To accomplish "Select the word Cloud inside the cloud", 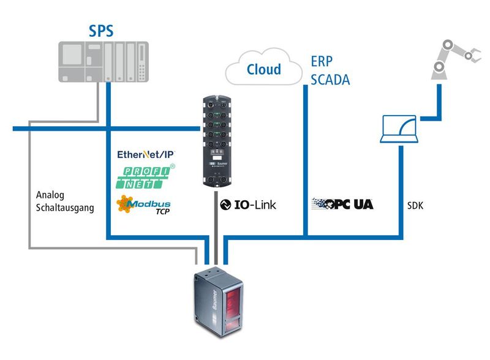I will (x=263, y=69).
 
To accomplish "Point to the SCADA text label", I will (x=330, y=80).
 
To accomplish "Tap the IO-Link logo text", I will (x=247, y=204).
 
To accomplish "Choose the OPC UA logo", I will (x=342, y=204).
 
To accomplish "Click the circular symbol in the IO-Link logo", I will (x=224, y=204).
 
